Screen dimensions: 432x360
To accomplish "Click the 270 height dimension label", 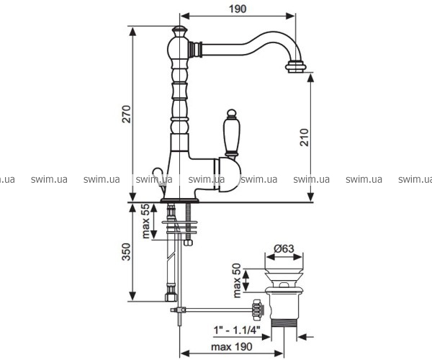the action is click(127, 114).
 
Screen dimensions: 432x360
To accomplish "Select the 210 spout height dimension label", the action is click(304, 138).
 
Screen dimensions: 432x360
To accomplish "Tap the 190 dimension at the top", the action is click(238, 9).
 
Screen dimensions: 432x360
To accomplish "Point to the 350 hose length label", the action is click(127, 251).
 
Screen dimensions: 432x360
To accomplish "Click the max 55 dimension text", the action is click(145, 221).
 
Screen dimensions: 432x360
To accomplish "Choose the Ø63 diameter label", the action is click(284, 248).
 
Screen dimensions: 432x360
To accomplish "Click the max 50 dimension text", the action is click(237, 281).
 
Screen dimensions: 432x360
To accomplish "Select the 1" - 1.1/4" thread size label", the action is click(237, 330).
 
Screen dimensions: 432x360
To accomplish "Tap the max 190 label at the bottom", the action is click(232, 347).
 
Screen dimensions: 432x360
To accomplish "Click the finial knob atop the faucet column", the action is click(179, 30).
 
